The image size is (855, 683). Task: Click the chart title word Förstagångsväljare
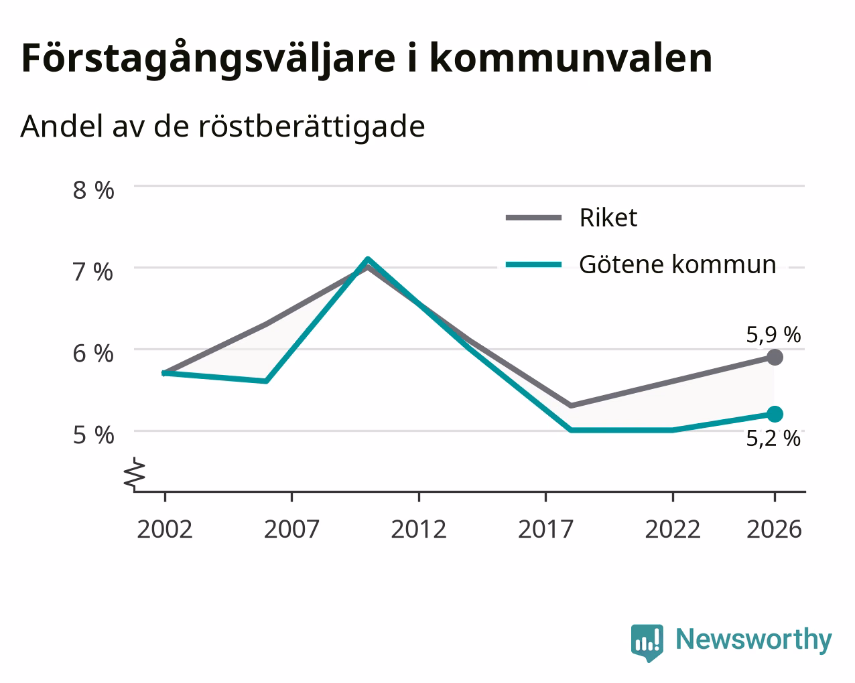208,59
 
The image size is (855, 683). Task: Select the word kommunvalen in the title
571,58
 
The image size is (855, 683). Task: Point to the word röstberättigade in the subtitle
312,126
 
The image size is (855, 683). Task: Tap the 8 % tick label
93,190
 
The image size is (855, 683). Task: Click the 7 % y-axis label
93,272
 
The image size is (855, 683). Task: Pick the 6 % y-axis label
93,354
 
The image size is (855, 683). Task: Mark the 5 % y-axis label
93,435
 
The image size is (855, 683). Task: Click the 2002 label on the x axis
165,529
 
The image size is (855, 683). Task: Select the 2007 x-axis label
291,529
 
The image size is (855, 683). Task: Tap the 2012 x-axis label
419,529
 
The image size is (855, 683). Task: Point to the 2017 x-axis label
546,529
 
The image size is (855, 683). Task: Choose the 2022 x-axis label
673,529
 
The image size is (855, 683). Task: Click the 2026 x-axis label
775,529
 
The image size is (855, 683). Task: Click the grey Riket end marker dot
775,358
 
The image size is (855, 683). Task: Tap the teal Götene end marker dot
775,414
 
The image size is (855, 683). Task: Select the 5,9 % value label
773,334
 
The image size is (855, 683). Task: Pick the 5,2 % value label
773,439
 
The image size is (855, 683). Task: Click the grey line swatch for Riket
533,218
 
